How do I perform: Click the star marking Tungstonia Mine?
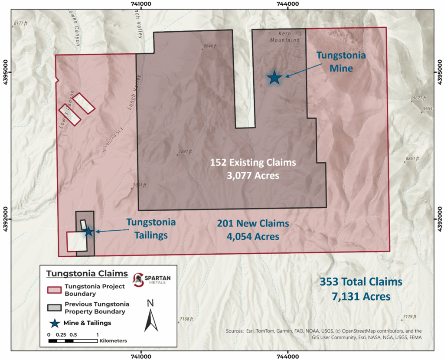click(274, 78)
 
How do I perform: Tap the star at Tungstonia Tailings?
click(88, 232)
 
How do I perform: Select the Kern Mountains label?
click(285, 37)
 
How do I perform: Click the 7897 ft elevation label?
click(184, 152)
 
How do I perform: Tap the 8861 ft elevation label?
click(411, 159)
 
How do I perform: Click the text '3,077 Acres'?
click(253, 176)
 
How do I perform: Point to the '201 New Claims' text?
click(253, 224)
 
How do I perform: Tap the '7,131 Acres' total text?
click(361, 297)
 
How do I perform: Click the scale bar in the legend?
click(73, 341)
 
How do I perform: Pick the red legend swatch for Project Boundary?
click(54, 289)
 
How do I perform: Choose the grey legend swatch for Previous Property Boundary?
click(54, 308)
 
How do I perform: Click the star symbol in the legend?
click(54, 323)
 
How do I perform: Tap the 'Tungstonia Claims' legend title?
click(87, 274)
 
